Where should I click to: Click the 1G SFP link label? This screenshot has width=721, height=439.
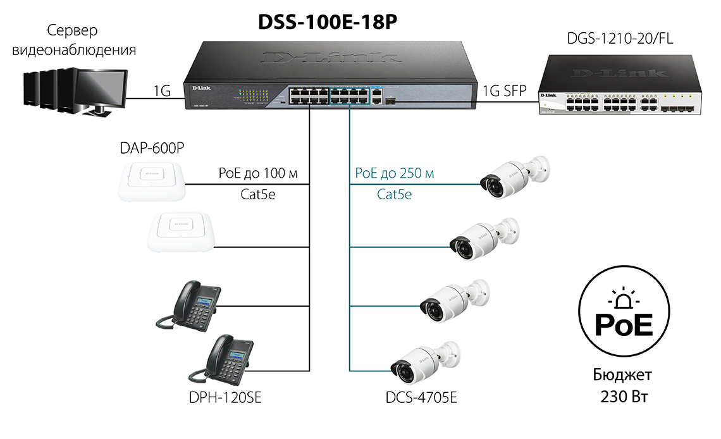[504, 90]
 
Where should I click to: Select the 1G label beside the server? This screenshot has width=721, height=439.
[161, 90]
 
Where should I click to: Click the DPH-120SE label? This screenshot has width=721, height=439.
[226, 398]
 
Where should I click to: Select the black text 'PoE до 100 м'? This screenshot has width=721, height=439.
[257, 173]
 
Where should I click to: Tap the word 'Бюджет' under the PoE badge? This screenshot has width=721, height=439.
[622, 374]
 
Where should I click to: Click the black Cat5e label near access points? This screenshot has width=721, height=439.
[257, 194]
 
